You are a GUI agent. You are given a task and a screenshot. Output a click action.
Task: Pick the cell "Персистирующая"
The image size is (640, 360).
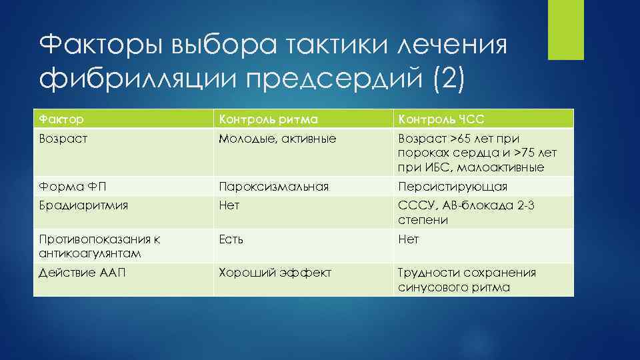point(453,186)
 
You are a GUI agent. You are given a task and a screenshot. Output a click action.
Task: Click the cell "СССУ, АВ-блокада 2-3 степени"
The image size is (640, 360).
point(466,213)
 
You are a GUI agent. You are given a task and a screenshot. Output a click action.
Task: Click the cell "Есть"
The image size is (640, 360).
point(232,239)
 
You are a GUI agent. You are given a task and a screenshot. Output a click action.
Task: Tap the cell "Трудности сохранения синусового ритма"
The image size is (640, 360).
point(467,279)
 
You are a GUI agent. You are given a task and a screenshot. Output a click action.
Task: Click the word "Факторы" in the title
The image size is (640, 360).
point(100,47)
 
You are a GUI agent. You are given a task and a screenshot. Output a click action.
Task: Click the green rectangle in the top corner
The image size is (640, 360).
point(565,29)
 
